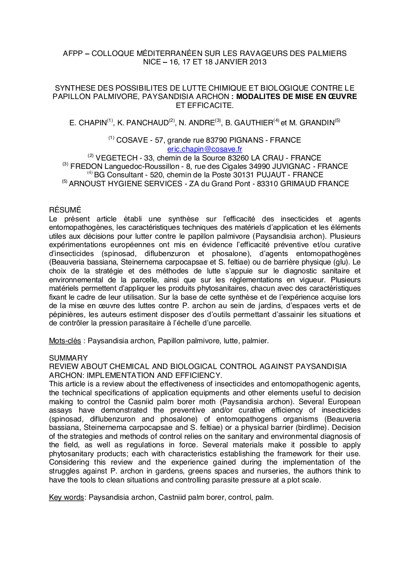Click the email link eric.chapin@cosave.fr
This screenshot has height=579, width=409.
pyautogui.click(x=204, y=149)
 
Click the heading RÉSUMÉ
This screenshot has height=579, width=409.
pyautogui.click(x=65, y=210)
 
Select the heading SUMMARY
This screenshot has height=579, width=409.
pyautogui.click(x=68, y=358)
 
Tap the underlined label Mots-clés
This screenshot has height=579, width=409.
pyautogui.click(x=65, y=341)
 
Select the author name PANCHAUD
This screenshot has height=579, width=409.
pyautogui.click(x=147, y=122)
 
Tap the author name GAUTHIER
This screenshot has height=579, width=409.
pyautogui.click(x=254, y=122)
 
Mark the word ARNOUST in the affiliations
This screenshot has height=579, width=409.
pyautogui.click(x=89, y=184)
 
